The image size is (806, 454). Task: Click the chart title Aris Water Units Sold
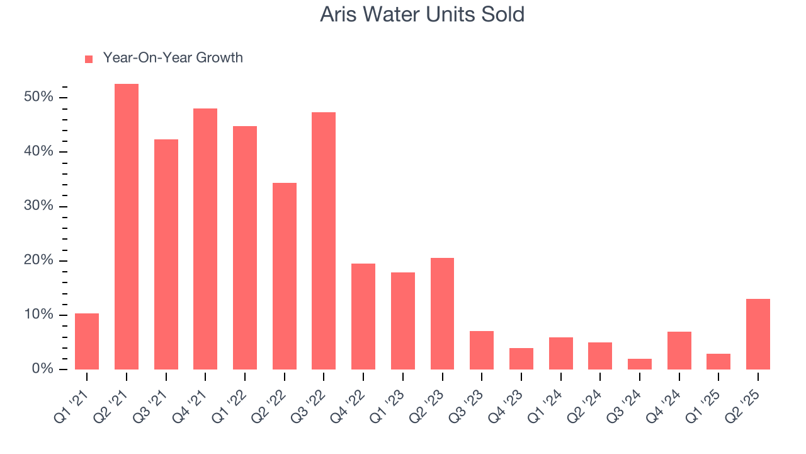click(422, 15)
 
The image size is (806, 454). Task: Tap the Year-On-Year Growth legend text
click(173, 58)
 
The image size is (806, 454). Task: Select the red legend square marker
click(89, 59)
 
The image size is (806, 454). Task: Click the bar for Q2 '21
click(127, 226)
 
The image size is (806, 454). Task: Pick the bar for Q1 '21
click(87, 341)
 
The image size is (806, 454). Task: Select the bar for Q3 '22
click(324, 241)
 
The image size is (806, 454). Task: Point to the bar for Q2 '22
click(285, 276)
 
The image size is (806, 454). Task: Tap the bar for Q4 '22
click(363, 317)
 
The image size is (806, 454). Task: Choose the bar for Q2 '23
click(442, 313)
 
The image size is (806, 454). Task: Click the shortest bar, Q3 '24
click(640, 364)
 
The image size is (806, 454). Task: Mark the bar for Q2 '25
click(758, 334)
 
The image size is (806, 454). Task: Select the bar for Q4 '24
click(679, 351)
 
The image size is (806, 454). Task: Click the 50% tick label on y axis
click(39, 97)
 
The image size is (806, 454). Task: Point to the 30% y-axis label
click(39, 206)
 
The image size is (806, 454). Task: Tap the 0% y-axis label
click(42, 369)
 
